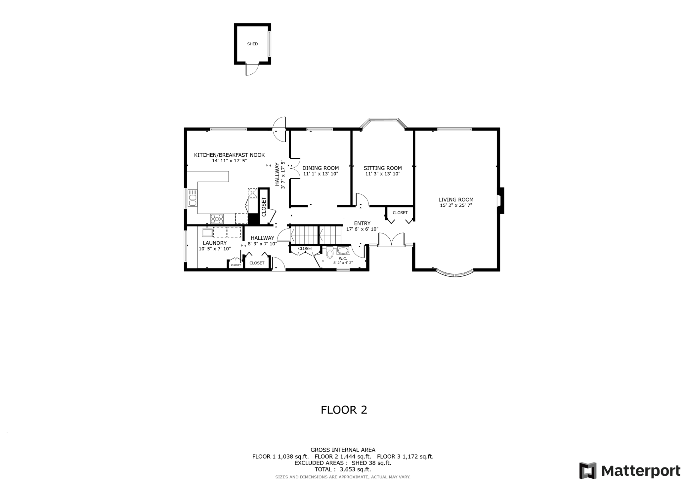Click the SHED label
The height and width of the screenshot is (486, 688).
coord(252,44)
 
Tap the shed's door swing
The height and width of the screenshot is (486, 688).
coord(252,69)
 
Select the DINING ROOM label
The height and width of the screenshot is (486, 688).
coord(321,168)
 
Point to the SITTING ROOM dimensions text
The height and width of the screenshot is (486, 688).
coord(383,174)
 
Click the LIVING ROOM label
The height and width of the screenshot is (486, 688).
coord(456,200)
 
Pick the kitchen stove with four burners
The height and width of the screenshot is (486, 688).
coord(217,219)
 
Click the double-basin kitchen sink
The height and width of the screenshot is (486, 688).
coord(192,198)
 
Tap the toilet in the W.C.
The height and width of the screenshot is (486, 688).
coord(330,252)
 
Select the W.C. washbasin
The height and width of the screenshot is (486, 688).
coord(343,250)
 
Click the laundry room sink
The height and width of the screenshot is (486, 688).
coord(207,232)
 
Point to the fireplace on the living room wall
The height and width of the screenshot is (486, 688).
coord(501,201)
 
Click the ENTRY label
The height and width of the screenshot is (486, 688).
coord(362,223)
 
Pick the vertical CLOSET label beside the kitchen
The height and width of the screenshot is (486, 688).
coord(264,207)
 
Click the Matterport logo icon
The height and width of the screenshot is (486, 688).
coord(588,470)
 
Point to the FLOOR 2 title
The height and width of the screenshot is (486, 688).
coord(344,410)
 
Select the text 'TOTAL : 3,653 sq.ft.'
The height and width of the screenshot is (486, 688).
coord(343,469)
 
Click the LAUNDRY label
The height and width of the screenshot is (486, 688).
coord(215,243)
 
